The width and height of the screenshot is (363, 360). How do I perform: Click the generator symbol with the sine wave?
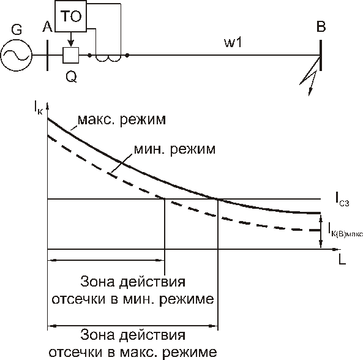tap(16, 55)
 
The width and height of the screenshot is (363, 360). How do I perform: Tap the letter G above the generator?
tap(17, 29)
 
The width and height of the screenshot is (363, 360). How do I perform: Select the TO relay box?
tap(70, 16)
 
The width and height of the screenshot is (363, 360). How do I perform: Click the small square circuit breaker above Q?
tap(71, 55)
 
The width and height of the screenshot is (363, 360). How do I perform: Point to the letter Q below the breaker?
tap(71, 77)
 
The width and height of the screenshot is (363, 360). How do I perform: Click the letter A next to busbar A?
tap(47, 27)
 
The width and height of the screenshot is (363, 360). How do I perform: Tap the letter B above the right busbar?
tap(321, 26)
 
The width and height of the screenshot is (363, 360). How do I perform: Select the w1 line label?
tap(233, 43)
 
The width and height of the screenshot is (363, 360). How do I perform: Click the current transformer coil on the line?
tap(108, 58)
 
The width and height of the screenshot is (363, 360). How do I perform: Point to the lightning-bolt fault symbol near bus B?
tap(310, 77)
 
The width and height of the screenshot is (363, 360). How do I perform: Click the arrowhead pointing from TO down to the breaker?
tap(71, 43)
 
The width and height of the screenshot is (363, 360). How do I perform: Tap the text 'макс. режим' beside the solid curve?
tap(122, 120)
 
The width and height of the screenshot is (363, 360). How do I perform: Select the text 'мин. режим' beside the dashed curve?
tap(175, 149)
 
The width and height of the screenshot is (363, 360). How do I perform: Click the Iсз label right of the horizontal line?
tap(342, 200)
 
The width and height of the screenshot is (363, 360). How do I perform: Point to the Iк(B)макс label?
tap(345, 230)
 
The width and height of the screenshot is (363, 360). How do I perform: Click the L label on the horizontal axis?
tap(342, 260)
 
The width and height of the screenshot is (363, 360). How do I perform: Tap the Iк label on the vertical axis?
tap(38, 108)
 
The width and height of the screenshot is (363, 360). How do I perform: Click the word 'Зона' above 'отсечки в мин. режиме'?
tap(97, 282)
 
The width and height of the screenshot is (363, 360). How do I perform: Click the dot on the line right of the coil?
tap(127, 55)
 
